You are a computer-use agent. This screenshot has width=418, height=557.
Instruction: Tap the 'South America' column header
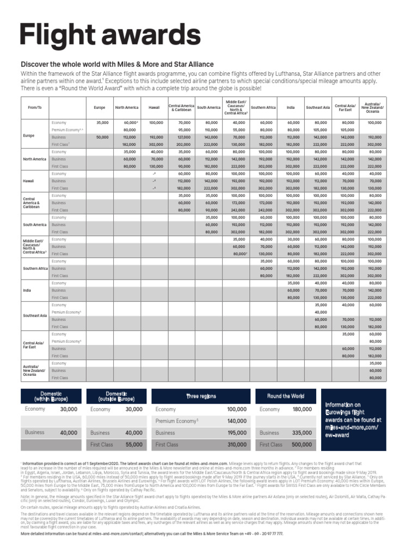(x=208, y=108)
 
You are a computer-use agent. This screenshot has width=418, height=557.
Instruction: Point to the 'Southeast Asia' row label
(x=34, y=316)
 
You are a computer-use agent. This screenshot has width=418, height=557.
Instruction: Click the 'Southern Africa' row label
(x=35, y=268)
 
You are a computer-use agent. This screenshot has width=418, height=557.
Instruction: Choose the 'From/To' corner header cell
(x=34, y=108)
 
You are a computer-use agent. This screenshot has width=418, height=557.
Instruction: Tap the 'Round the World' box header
(x=286, y=396)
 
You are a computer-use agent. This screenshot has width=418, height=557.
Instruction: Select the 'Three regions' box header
(x=201, y=396)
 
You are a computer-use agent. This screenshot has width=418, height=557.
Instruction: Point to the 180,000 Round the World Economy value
(x=302, y=409)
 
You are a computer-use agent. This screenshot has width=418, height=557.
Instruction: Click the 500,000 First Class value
(x=302, y=444)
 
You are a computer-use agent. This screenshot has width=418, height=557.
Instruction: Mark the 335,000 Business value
(x=302, y=433)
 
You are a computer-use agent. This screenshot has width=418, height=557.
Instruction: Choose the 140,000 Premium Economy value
(x=237, y=421)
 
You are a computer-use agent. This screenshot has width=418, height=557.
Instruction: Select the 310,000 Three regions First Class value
(x=237, y=444)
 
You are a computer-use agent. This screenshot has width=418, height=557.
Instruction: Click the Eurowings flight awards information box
(x=353, y=420)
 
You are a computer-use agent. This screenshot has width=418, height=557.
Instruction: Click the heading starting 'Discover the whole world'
(x=117, y=64)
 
